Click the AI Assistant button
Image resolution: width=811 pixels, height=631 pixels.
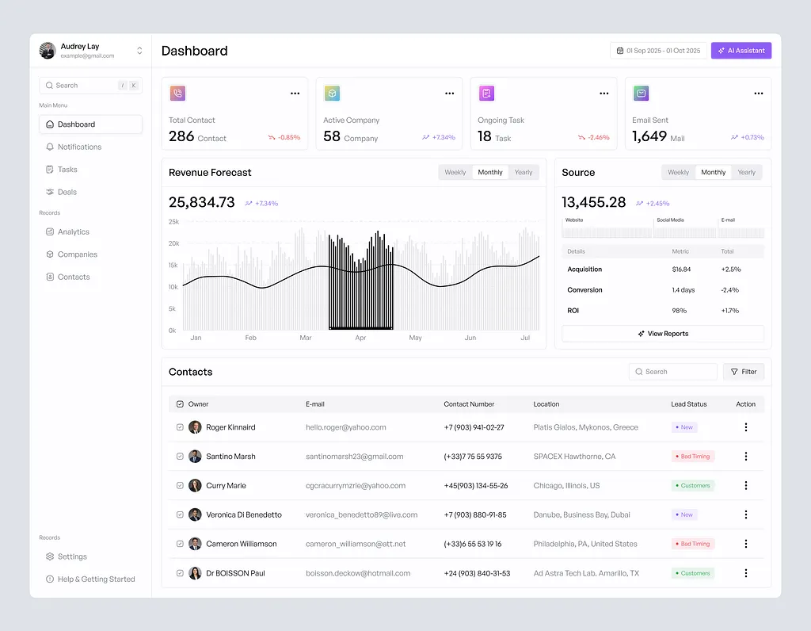741,51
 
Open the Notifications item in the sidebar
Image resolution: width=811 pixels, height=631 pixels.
79,147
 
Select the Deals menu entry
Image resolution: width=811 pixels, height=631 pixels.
67,192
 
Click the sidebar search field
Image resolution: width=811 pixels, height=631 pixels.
79,86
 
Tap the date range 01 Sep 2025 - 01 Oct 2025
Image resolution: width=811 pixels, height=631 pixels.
657,51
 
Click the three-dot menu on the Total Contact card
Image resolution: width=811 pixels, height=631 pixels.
295,94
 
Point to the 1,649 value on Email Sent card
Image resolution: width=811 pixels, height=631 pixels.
649,136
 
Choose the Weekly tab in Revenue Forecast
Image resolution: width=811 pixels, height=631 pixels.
455,172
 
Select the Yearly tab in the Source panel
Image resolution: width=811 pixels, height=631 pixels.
746,172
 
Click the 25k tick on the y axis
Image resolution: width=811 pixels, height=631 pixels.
173,222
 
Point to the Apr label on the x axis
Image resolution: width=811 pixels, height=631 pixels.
360,338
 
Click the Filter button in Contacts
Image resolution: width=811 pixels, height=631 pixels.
743,372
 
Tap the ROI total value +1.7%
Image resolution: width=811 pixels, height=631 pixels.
729,311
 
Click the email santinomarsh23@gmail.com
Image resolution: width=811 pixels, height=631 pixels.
354,457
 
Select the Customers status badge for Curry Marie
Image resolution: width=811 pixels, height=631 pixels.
692,485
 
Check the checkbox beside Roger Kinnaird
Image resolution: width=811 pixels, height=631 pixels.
180,427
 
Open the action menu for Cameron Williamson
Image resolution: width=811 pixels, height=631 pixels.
745,544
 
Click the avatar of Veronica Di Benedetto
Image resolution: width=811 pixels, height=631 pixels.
195,514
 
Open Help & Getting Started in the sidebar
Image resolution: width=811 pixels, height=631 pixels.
96,579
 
